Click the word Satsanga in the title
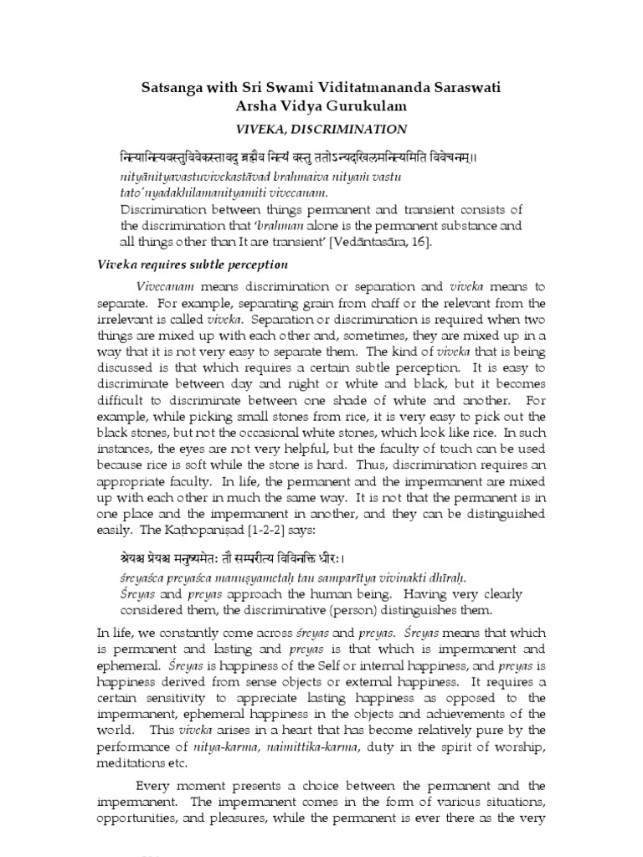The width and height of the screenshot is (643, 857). click(170, 87)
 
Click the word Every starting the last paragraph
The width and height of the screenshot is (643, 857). click(156, 787)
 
